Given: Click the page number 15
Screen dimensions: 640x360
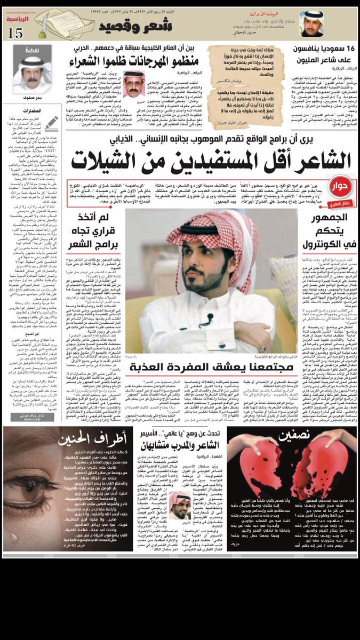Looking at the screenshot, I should [x=16, y=33].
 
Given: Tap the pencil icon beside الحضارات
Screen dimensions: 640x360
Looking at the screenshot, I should [x=51, y=123].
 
